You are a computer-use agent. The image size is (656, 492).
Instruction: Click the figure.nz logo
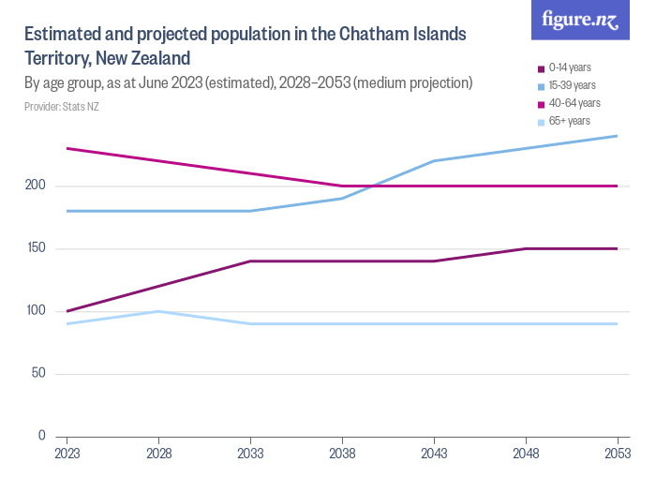581,21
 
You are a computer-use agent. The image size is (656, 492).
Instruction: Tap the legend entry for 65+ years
569,121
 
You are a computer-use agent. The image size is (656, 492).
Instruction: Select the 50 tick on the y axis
39,374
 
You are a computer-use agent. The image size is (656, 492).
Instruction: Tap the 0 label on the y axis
42,436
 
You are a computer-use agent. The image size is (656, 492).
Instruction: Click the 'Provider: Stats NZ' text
61,106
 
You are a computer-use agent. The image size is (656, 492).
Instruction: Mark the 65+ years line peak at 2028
158,311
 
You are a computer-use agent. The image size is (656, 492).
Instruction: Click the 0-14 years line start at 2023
67,311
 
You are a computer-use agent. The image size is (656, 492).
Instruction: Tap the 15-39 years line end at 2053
617,136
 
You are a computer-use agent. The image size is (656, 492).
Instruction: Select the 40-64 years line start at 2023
67,148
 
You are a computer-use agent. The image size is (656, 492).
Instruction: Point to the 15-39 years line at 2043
433,161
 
